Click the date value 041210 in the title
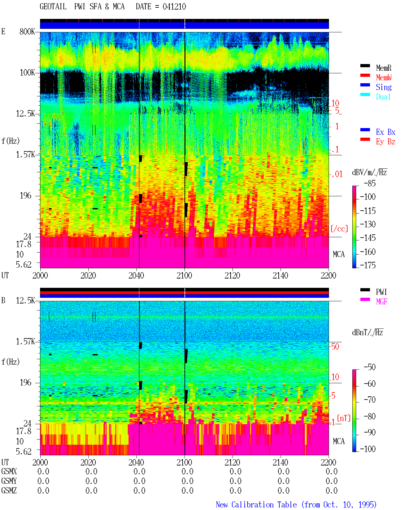[174, 7]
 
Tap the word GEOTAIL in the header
[53, 7]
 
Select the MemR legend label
[384, 68]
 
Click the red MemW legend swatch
[365, 75]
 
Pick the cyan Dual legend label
[383, 97]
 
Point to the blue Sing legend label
[384, 87]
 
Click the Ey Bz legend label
[386, 142]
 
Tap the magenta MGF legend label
[381, 302]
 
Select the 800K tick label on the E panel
[27, 31]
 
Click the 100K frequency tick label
[27, 73]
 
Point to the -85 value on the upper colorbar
[370, 183]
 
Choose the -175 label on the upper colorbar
[368, 265]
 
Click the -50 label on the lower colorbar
[370, 367]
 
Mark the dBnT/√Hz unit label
[367, 332]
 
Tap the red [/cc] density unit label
[339, 229]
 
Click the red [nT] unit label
[344, 418]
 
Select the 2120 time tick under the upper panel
[233, 276]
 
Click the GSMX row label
[9, 471]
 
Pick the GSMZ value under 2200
[332, 490]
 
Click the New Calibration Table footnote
[296, 505]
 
